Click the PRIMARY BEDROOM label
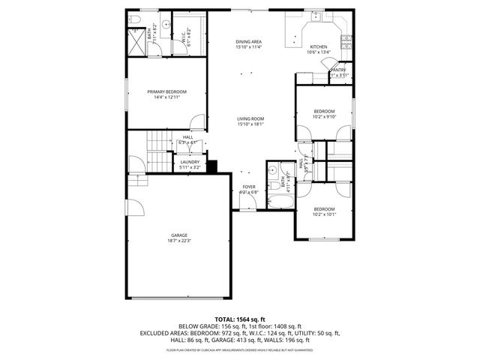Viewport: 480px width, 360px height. pyautogui.click(x=166, y=91)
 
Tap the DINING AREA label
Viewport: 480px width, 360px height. pyautogui.click(x=248, y=41)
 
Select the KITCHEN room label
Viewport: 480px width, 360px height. pyautogui.click(x=319, y=46)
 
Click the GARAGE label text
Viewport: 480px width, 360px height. pyautogui.click(x=178, y=235)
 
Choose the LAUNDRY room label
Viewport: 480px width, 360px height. pyautogui.click(x=189, y=161)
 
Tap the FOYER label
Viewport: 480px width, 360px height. pyautogui.click(x=248, y=187)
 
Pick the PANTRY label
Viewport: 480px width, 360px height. pyautogui.click(x=338, y=70)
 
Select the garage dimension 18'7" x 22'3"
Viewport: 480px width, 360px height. pyautogui.click(x=179, y=241)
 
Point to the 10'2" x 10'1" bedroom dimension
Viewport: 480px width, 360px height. pyautogui.click(x=324, y=214)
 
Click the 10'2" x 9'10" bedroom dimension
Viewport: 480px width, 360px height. pyautogui.click(x=324, y=116)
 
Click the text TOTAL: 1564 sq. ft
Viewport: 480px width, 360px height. pyautogui.click(x=239, y=319)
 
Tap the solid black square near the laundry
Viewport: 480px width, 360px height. pyautogui.click(x=211, y=166)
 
